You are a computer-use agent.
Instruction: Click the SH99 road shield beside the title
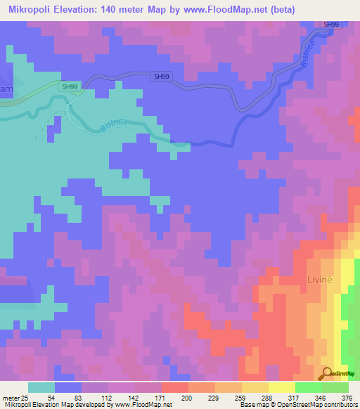(x=330, y=25)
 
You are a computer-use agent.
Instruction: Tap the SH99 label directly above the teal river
(x=69, y=86)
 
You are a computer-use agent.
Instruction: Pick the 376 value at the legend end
(x=346, y=398)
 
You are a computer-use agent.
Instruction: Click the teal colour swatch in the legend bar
(x=41, y=387)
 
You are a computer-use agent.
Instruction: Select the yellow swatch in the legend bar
(x=281, y=387)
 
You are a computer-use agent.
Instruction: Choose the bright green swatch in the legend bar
(x=308, y=387)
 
